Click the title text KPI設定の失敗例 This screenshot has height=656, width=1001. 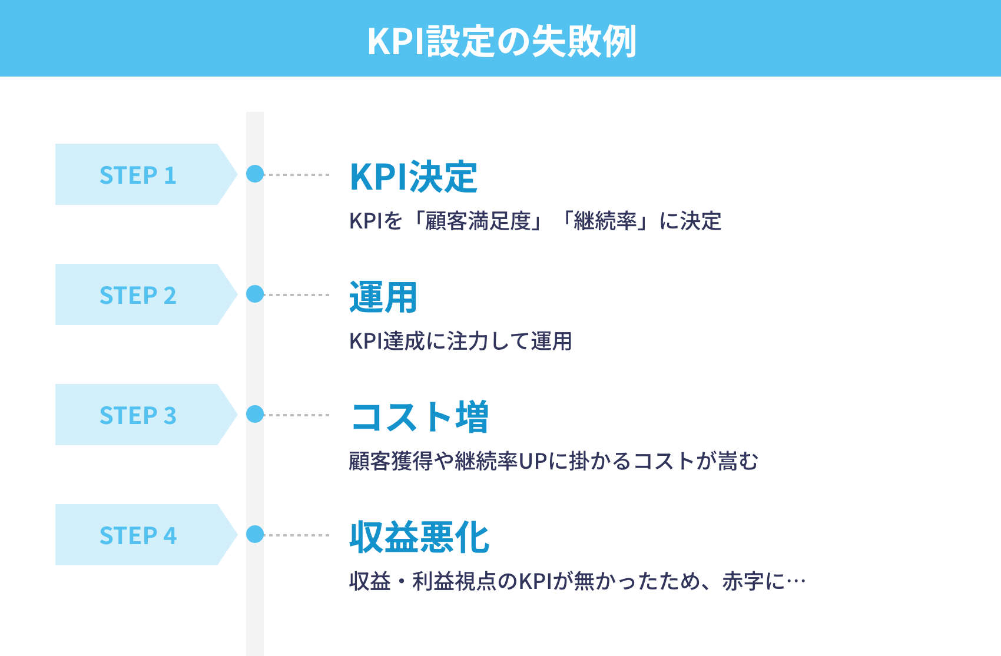point(501,41)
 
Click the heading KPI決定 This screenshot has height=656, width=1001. point(413,177)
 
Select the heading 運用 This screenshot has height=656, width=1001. point(383,297)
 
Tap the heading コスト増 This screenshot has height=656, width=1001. point(420,417)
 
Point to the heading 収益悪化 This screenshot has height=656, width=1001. point(419,537)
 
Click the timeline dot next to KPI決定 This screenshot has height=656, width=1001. point(255,174)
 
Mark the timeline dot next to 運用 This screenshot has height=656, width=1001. point(255,294)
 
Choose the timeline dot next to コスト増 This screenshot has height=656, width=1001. point(255,414)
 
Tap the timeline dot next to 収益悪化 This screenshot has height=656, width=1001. point(255,534)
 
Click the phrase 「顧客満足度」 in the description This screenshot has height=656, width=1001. point(478,221)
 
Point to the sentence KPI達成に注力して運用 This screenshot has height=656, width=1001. point(460,342)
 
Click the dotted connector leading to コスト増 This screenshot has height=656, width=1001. point(297,415)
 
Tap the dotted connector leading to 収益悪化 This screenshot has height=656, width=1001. point(297,535)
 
